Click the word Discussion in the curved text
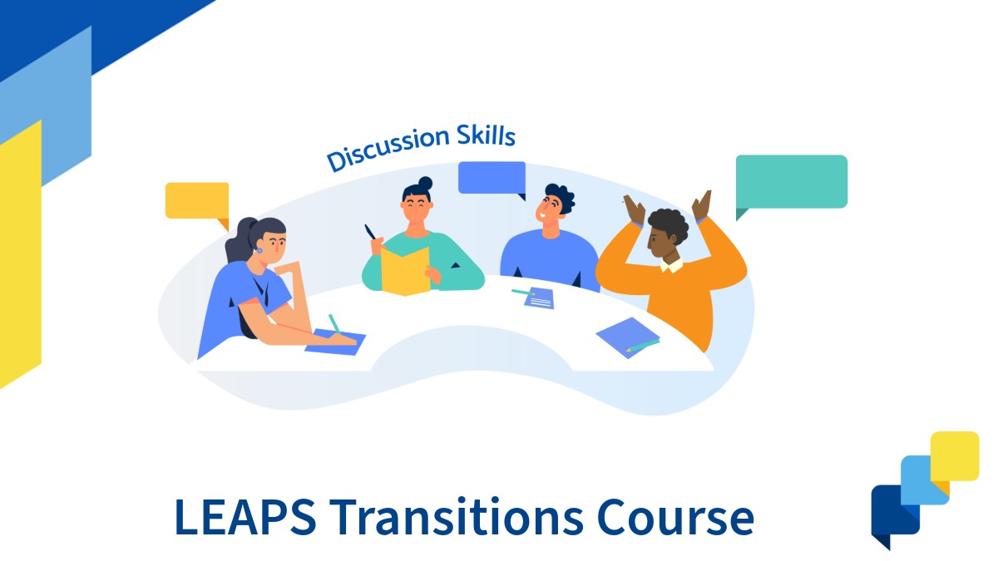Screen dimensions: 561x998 pyautogui.click(x=385, y=150)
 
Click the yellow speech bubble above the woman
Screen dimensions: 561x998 pyautogui.click(x=197, y=200)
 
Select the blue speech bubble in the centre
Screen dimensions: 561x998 pyautogui.click(x=492, y=177)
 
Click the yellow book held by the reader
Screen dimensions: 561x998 pyautogui.click(x=406, y=269)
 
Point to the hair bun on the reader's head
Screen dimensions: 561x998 pyautogui.click(x=425, y=183)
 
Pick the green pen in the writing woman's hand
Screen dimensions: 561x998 pyautogui.click(x=334, y=323)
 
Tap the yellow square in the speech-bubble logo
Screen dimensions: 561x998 pyautogui.click(x=954, y=454)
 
